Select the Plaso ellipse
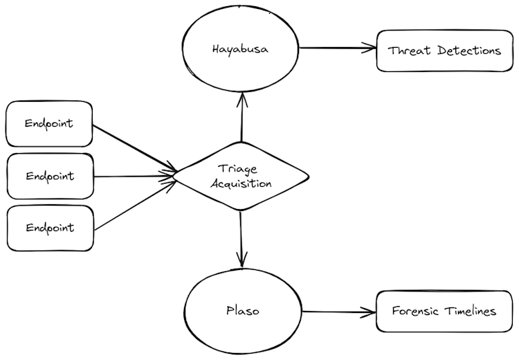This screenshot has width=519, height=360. (242, 311)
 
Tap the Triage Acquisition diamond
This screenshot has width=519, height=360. (242, 177)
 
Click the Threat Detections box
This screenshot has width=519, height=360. (444, 51)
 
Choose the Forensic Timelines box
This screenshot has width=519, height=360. (445, 312)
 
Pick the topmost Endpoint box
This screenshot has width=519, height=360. (48, 124)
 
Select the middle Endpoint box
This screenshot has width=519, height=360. (49, 176)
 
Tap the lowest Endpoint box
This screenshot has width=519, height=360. (49, 228)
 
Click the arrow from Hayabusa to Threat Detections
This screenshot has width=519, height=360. (337, 48)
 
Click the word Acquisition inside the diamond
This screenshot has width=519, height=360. (242, 184)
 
